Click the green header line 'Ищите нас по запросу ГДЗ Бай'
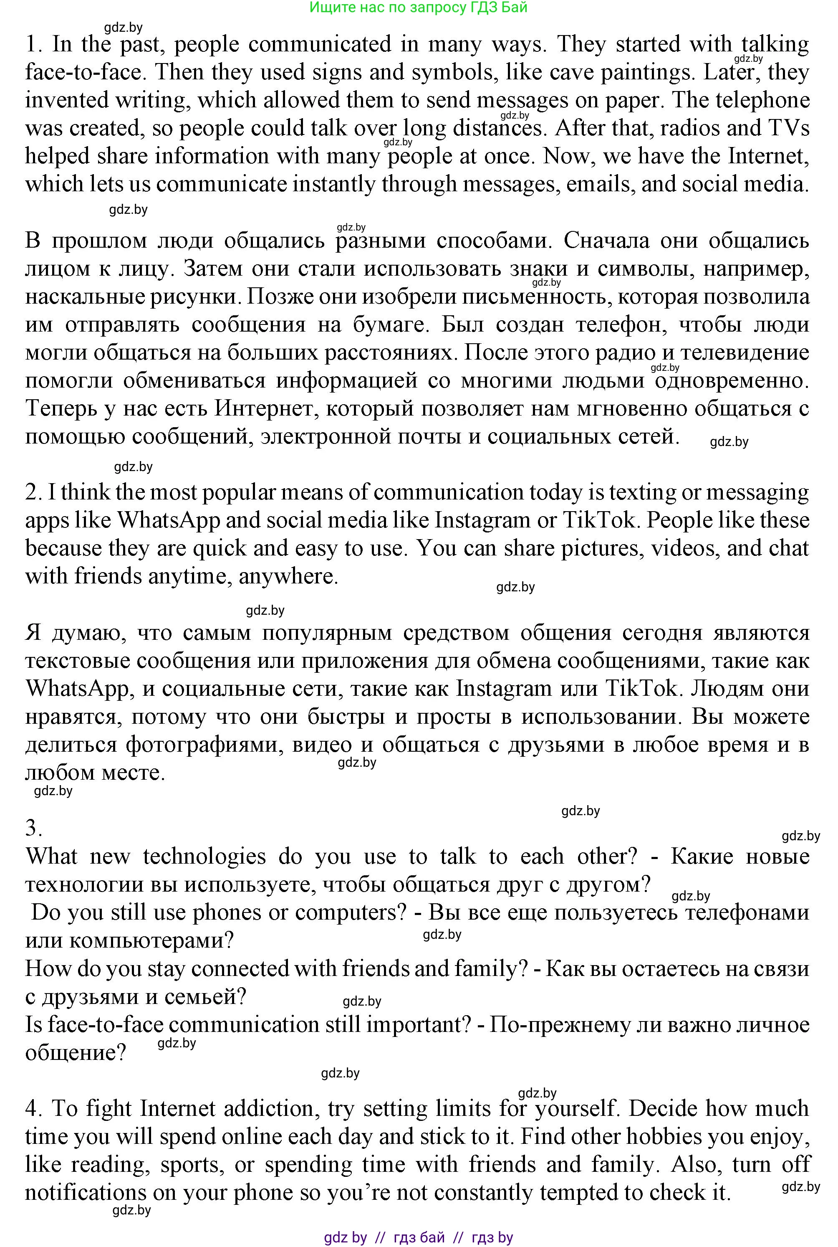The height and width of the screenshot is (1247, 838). click(x=419, y=7)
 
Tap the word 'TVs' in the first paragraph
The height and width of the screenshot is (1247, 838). click(x=789, y=128)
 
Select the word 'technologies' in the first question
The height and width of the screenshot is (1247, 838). click(x=204, y=857)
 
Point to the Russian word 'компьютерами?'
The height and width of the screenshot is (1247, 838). click(x=130, y=940)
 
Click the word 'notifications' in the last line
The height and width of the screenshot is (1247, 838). click(x=86, y=1192)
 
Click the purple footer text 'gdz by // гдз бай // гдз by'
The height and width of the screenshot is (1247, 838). click(x=419, y=1237)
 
